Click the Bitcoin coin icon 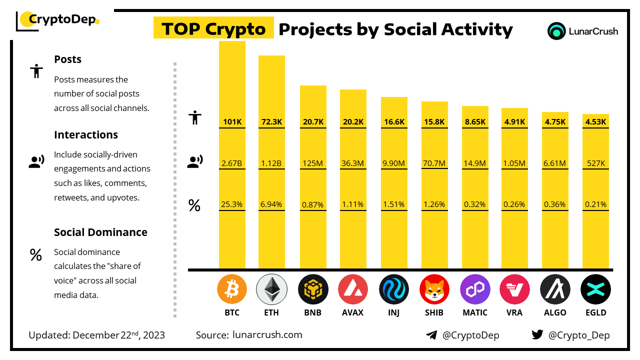tap(232, 289)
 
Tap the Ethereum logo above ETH tap(271, 289)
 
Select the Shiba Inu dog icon tap(434, 289)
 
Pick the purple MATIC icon tap(475, 289)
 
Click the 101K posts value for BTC tap(232, 121)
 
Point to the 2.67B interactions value tap(232, 162)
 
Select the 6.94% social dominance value tap(271, 204)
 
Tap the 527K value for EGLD tap(595, 162)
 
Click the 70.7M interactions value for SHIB tap(434, 162)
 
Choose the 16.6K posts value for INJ tap(394, 121)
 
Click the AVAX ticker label tap(353, 312)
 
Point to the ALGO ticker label tap(555, 312)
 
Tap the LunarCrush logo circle tap(556, 31)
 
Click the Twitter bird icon tap(537, 334)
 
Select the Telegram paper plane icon tap(431, 334)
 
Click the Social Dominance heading tap(100, 232)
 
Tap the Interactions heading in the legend tap(86, 134)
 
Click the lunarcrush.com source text tap(267, 334)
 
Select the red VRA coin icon tap(514, 289)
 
